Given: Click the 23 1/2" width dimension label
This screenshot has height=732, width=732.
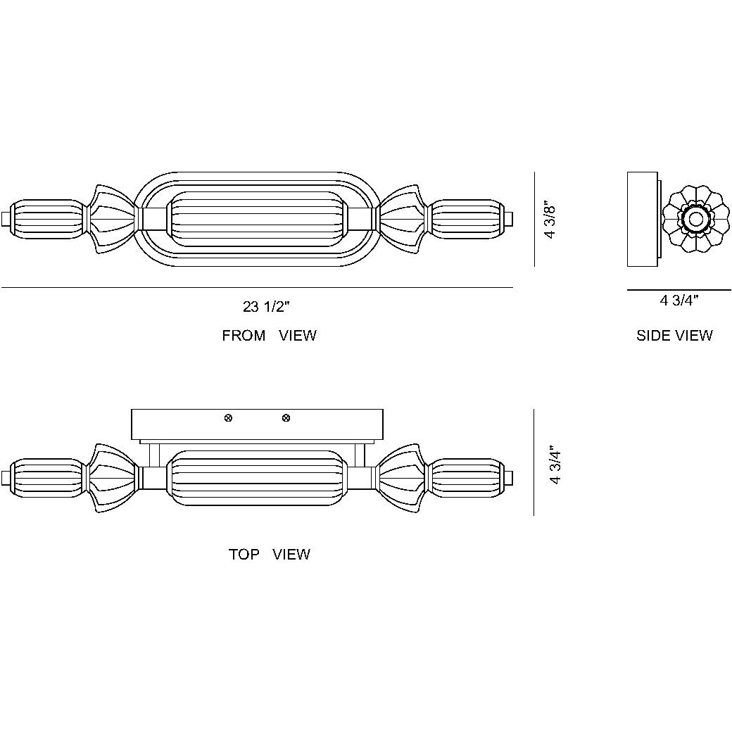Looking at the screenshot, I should (266, 307).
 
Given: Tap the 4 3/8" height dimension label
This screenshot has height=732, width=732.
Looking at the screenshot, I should (551, 220).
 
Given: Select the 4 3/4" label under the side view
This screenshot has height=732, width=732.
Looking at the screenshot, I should (679, 301).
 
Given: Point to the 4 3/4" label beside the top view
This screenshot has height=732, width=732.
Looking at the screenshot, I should (556, 465).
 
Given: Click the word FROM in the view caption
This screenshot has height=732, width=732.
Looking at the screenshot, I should (244, 336).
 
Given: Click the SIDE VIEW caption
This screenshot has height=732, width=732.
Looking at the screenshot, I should (674, 336).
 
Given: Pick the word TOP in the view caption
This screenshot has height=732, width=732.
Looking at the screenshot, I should (244, 555).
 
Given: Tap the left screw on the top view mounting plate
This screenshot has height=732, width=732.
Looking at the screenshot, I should (228, 419).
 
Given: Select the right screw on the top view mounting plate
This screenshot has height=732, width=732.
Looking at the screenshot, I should (286, 419).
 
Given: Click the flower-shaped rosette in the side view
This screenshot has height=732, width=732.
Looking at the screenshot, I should (695, 220).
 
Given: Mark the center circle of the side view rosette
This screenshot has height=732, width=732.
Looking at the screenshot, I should (695, 220).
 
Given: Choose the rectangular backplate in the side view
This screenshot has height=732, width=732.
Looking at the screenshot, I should (643, 220).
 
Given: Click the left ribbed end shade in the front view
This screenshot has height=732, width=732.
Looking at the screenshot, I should (48, 219).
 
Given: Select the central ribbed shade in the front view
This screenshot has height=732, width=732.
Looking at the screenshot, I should (257, 219).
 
